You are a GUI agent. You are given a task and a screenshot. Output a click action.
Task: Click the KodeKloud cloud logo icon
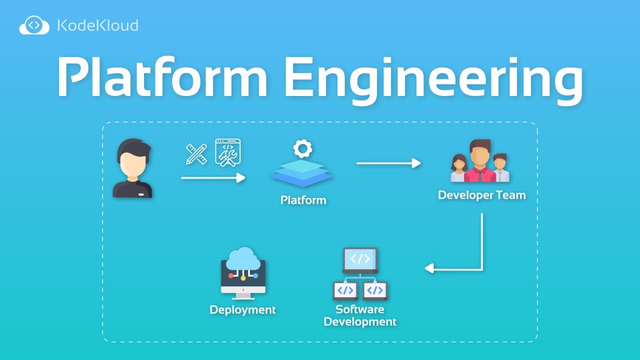coord(34,25)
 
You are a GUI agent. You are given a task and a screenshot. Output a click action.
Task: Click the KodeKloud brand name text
coord(97,25)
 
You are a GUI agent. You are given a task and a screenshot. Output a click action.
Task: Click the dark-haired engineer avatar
coord(133,168)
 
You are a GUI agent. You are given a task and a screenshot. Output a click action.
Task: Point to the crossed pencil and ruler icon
coord(196,153)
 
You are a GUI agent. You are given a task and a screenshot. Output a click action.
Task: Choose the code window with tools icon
coord(228,152)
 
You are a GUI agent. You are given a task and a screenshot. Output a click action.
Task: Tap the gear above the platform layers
coord(302,148)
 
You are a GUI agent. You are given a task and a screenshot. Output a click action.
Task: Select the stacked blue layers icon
coord(302,172)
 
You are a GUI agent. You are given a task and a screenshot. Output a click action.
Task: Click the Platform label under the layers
coord(303,200)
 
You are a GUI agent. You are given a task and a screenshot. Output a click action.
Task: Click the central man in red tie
coord(480,161)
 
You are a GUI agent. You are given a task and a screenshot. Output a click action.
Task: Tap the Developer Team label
coord(481,195)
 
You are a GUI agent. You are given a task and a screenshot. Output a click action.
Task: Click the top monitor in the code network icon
coord(360,259)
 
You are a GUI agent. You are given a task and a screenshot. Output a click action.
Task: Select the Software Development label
coord(360,315)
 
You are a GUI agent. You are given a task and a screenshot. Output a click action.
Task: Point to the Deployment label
coord(242,310)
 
